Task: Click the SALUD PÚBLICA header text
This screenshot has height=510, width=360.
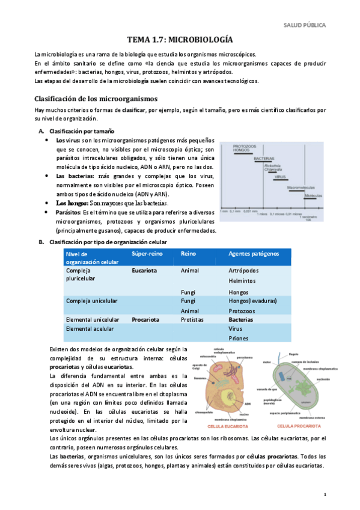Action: [x=305, y=25]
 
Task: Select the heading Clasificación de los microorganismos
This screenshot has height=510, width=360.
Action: [x=97, y=98]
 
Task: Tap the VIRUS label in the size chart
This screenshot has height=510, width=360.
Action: [x=280, y=177]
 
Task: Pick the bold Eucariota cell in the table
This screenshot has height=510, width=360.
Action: [x=144, y=271]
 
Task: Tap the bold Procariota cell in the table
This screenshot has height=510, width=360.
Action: [x=145, y=320]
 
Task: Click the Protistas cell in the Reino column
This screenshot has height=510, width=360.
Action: [x=192, y=320]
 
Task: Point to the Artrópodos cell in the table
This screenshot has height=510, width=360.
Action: [x=244, y=271]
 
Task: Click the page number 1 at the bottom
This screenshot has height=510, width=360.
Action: [x=325, y=494]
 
